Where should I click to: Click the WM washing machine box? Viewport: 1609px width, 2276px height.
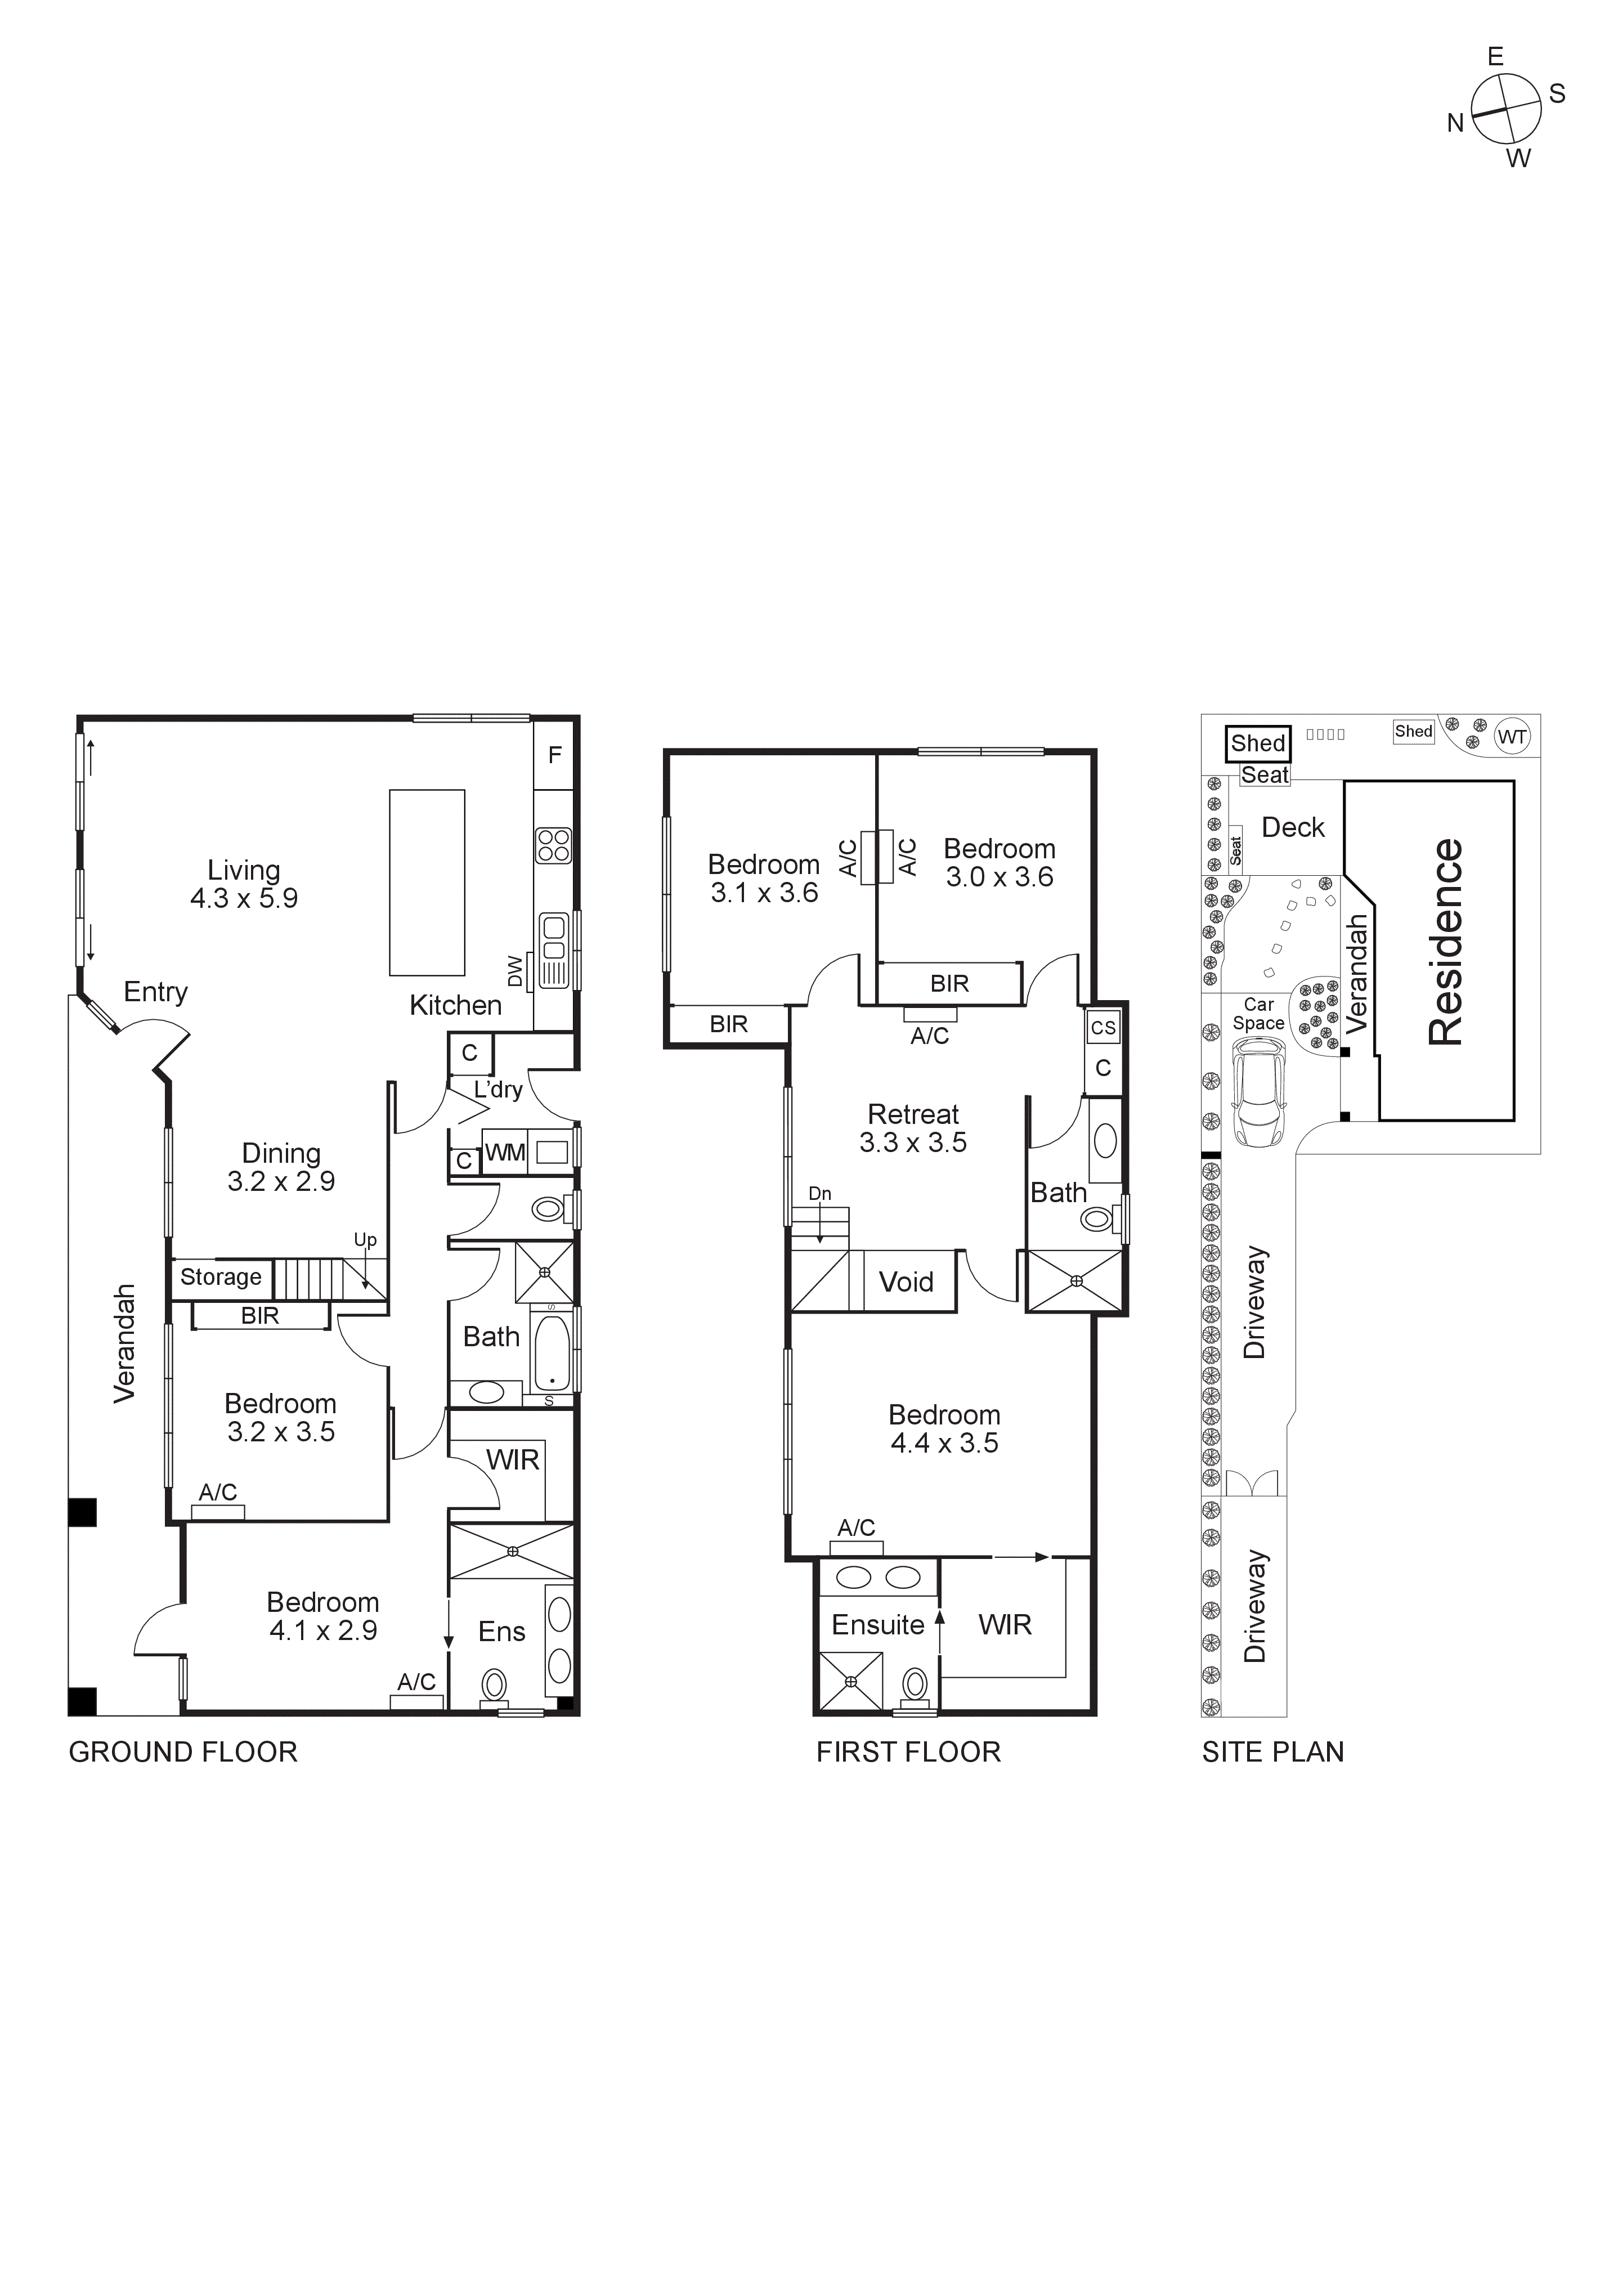pos(505,1153)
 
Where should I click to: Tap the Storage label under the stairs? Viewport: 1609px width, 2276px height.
pos(220,1277)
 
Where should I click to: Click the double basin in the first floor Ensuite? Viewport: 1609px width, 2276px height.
pos(877,1577)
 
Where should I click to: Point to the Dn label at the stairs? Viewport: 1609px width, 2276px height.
pos(820,1194)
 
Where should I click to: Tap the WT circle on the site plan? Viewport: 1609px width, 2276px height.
pos(1512,737)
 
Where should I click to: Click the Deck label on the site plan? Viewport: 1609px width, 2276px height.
pos(1293,828)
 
